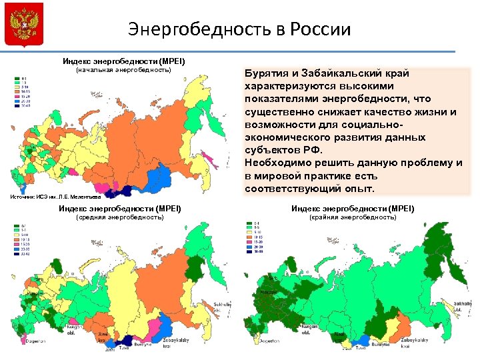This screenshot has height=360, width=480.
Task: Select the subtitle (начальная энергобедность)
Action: [123, 70]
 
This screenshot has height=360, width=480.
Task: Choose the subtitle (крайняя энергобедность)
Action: [353, 217]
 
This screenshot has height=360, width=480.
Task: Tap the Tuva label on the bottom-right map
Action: [360, 347]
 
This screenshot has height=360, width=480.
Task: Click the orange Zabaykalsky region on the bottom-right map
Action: [400, 327]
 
